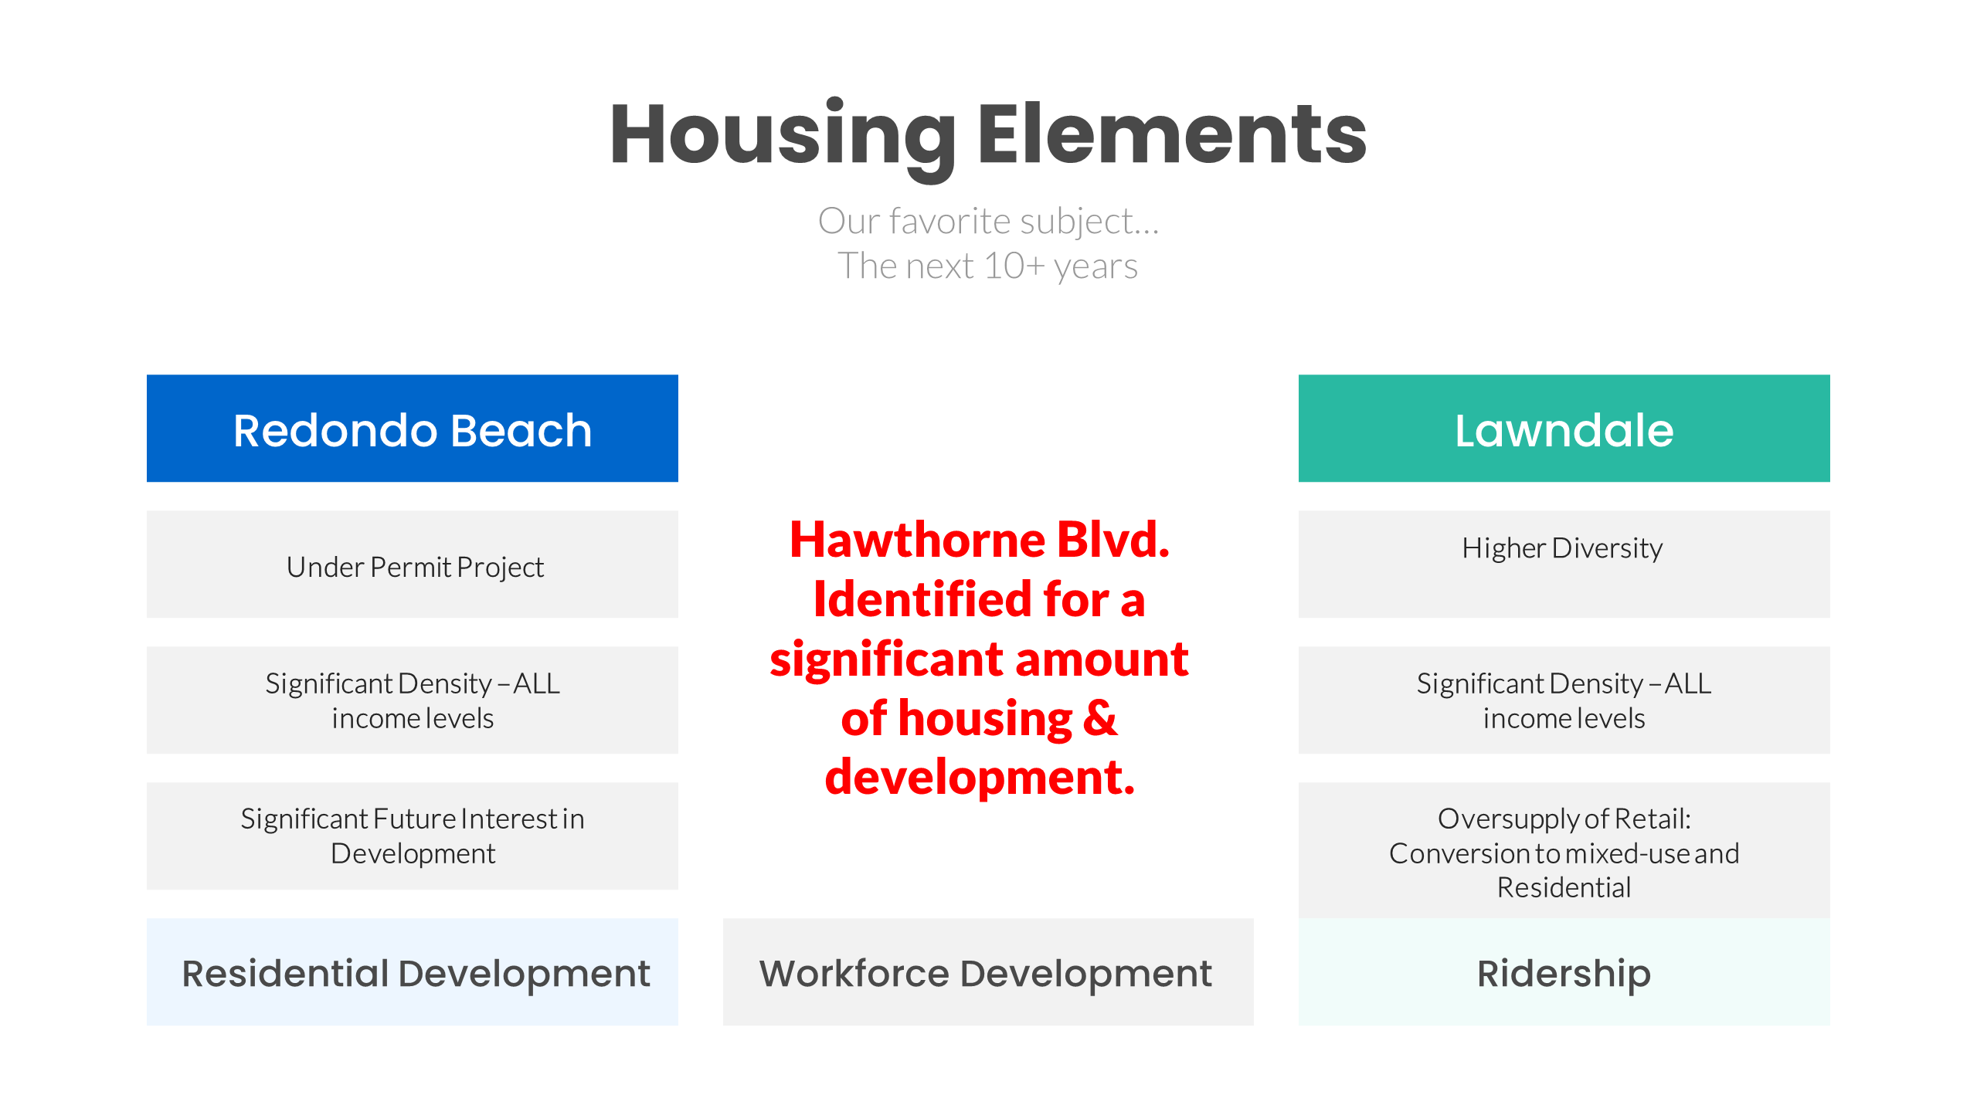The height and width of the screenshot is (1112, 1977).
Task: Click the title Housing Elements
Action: pos(988,135)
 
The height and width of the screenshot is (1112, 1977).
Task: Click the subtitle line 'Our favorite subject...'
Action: pos(988,222)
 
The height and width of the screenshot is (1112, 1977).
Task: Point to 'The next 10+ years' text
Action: pos(988,266)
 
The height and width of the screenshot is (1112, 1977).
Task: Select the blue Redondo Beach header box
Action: pos(413,429)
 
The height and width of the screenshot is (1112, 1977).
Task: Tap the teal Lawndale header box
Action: pos(1564,429)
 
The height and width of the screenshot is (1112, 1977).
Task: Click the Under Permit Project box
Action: pos(413,564)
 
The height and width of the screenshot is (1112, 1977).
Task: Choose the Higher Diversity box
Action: pos(1564,564)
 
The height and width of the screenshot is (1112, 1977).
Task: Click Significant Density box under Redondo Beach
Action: pos(413,700)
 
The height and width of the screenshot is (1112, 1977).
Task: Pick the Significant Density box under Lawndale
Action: pos(1564,700)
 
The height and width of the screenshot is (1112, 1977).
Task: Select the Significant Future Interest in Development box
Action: pos(413,836)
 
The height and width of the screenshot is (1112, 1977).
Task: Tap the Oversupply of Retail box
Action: pos(1564,851)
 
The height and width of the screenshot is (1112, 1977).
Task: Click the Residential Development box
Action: pos(413,972)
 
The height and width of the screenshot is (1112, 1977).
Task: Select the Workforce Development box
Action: pos(988,972)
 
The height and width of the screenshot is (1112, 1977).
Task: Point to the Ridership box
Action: pos(1564,972)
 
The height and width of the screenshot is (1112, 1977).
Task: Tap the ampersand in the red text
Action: pos(1100,718)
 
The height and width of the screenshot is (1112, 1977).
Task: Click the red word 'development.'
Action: pos(980,777)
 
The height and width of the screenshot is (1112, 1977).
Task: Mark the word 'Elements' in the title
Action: pos(1173,135)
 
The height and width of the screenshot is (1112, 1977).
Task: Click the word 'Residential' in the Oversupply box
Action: pos(1564,888)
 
